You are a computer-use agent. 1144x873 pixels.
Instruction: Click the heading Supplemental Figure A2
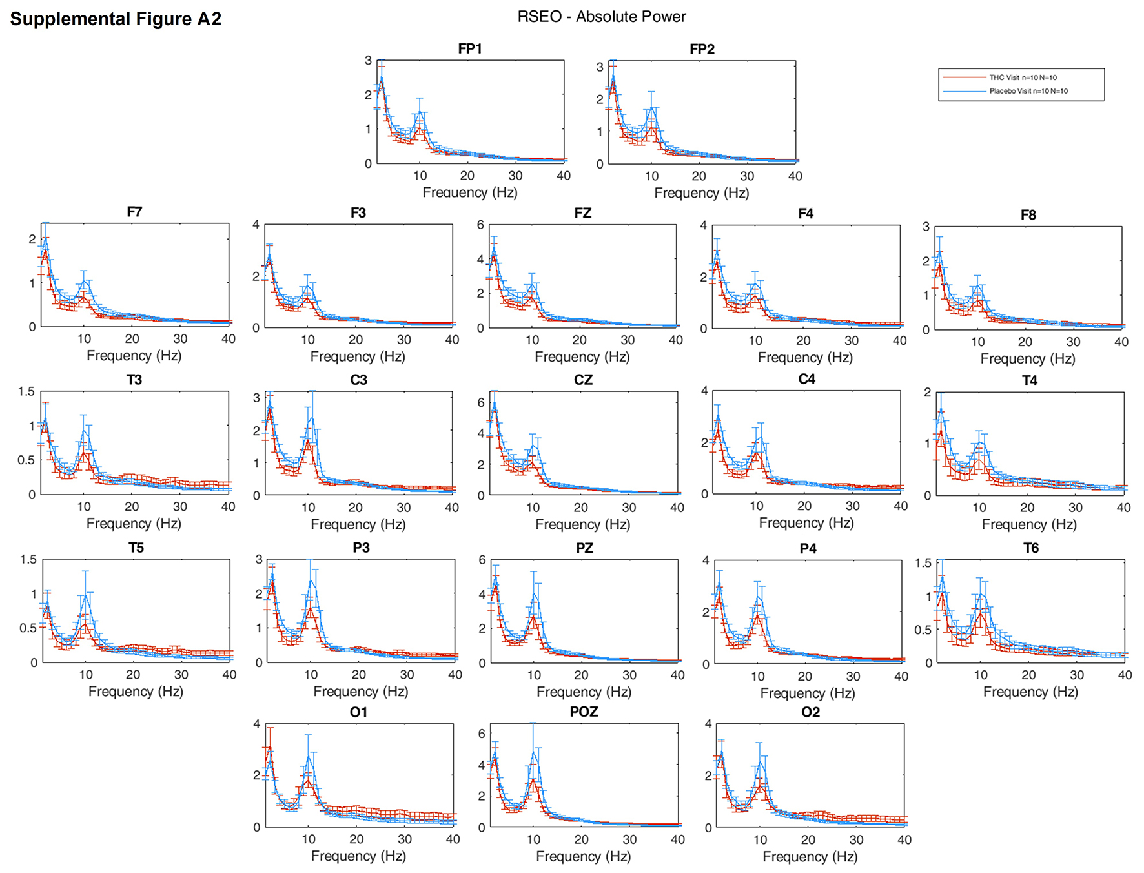116,19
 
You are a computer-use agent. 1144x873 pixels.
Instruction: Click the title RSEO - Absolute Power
602,17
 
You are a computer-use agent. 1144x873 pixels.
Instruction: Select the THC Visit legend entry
1023,77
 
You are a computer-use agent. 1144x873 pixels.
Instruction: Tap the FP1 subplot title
470,49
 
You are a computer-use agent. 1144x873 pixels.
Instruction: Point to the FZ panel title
583,213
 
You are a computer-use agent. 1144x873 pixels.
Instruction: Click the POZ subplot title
584,712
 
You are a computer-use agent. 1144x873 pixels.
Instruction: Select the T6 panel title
1031,548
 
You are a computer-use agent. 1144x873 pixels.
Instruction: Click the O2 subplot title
811,712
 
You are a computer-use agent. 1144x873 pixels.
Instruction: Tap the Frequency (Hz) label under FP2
702,193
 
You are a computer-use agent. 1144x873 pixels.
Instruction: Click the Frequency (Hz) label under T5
136,692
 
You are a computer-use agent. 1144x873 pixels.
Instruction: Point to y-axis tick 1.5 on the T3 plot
26,391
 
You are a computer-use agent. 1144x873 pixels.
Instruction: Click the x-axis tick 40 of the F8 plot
1121,342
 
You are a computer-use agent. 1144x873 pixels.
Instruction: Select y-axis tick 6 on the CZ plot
481,402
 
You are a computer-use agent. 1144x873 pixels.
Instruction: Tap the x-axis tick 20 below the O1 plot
356,839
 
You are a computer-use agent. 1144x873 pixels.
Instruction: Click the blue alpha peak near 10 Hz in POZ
533,752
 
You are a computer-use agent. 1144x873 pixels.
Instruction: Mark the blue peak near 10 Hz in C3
312,418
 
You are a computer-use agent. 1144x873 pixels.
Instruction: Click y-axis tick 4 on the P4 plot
706,560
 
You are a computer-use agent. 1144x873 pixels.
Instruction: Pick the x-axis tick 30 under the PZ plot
629,675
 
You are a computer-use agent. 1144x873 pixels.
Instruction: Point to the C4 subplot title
807,379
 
